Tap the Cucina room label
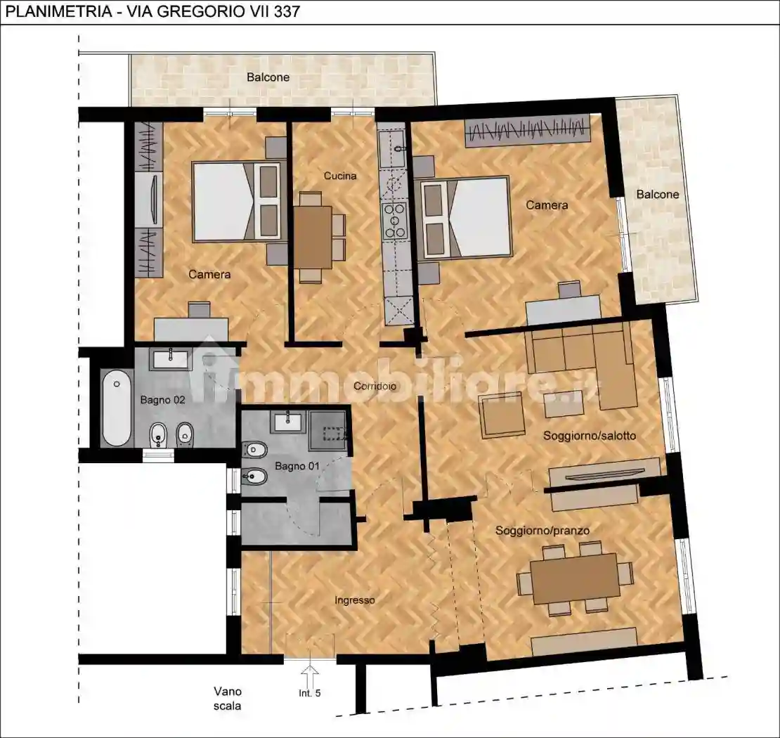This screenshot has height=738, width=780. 340,176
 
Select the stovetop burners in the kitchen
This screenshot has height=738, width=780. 394,219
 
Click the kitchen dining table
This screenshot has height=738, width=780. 313,237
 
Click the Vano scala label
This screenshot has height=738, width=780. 228,699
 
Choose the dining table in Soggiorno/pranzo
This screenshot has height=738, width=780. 574,578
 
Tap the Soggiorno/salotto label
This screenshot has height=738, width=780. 590,436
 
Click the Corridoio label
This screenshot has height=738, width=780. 375,386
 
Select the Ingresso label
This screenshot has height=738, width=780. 355,600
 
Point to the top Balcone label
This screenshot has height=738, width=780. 268,77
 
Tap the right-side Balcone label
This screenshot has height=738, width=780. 658,194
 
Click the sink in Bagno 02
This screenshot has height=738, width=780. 170,359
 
